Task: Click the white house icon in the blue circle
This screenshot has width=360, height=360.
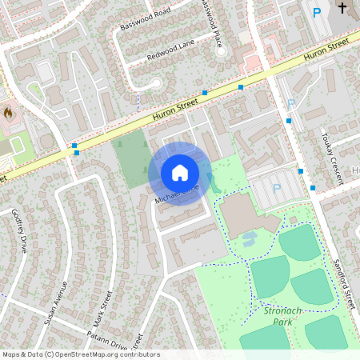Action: tap(180, 173)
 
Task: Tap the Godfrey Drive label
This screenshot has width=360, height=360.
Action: tap(19, 231)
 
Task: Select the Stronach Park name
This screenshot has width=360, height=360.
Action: tap(279, 314)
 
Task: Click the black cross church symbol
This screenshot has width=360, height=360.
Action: tap(342, 9)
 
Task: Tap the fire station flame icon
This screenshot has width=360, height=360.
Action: tap(9, 114)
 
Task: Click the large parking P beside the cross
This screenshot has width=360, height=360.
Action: tap(317, 12)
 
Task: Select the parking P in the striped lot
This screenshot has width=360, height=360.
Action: tap(277, 189)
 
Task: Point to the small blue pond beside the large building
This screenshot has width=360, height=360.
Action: tap(248, 238)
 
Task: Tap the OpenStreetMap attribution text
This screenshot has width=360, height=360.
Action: tap(81, 354)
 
